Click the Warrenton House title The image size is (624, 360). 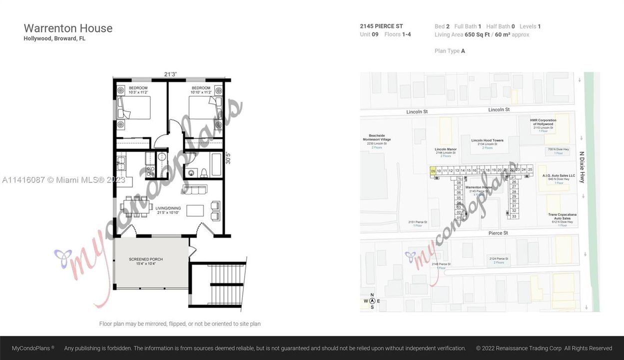coord(68,28)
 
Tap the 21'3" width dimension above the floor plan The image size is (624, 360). coord(170,74)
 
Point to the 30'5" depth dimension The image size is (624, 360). coord(228,158)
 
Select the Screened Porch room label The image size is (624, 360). coord(146,261)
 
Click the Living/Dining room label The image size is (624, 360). coord(168,210)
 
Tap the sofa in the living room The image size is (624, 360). coord(195,189)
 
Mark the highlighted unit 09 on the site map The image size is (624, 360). coord(433,171)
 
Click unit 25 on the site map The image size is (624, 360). coord(530,170)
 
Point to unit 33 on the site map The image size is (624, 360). coord(514,216)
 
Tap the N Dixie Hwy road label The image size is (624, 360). coord(582,167)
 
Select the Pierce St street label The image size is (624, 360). coord(498,233)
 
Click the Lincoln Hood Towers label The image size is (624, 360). coord(487,140)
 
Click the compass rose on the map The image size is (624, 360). coord(372,300)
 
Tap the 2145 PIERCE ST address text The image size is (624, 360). coord(381,26)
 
